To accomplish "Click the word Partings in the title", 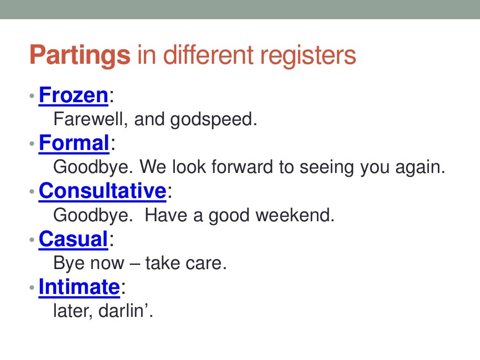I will click(x=79, y=56).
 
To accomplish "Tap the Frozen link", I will click(x=74, y=95).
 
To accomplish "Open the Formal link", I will click(x=74, y=143).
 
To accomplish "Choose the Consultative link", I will click(x=103, y=191).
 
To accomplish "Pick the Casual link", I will click(x=74, y=239).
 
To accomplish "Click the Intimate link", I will click(x=79, y=287).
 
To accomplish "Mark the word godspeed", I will click(x=213, y=120).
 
